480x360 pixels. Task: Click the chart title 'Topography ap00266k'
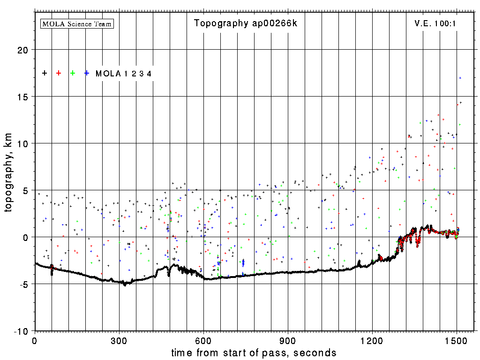pyautogui.click(x=246, y=23)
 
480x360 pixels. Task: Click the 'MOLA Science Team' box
pyautogui.click(x=77, y=23)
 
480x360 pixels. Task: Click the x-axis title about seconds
pyautogui.click(x=254, y=352)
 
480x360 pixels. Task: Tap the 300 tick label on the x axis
pyautogui.click(x=119, y=341)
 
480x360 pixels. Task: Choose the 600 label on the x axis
pyautogui.click(x=203, y=341)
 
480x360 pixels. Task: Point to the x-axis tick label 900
pyautogui.click(x=288, y=341)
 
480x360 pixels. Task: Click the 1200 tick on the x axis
pyautogui.click(x=372, y=341)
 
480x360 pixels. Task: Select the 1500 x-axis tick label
pyautogui.click(x=457, y=341)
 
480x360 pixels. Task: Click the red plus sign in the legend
pyautogui.click(x=59, y=73)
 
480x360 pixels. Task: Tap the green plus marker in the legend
pyautogui.click(x=73, y=73)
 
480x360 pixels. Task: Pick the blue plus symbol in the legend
pyautogui.click(x=87, y=73)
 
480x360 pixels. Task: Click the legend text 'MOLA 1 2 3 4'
pyautogui.click(x=123, y=74)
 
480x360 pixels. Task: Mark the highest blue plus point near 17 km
pyautogui.click(x=460, y=78)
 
